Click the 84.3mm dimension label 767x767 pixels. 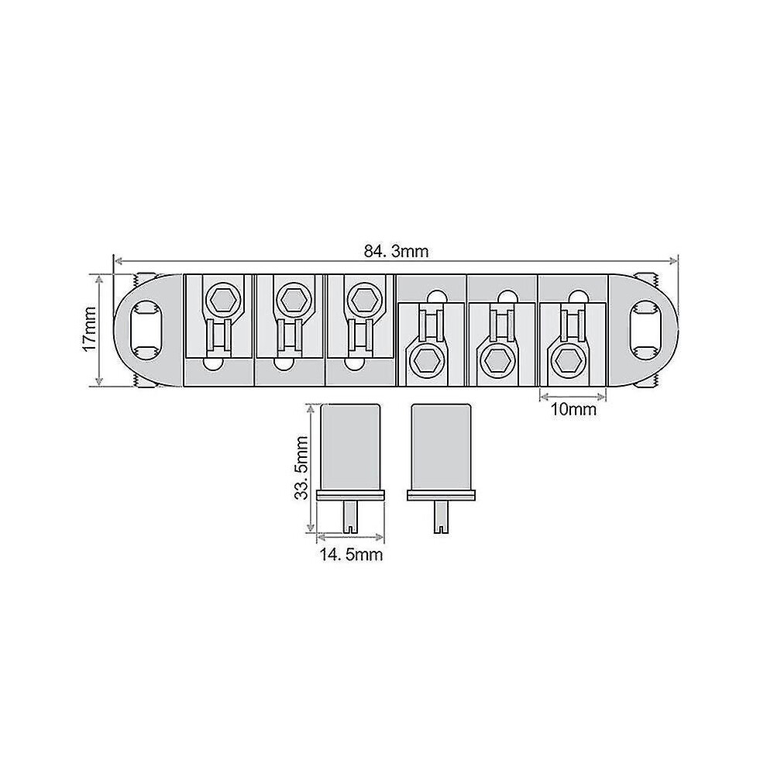pos(396,252)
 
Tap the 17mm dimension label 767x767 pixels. pos(90,328)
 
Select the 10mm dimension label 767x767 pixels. pos(573,409)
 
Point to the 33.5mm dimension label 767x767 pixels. pos(301,468)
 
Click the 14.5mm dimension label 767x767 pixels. pos(351,555)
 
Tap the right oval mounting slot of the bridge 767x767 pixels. pos(648,331)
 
